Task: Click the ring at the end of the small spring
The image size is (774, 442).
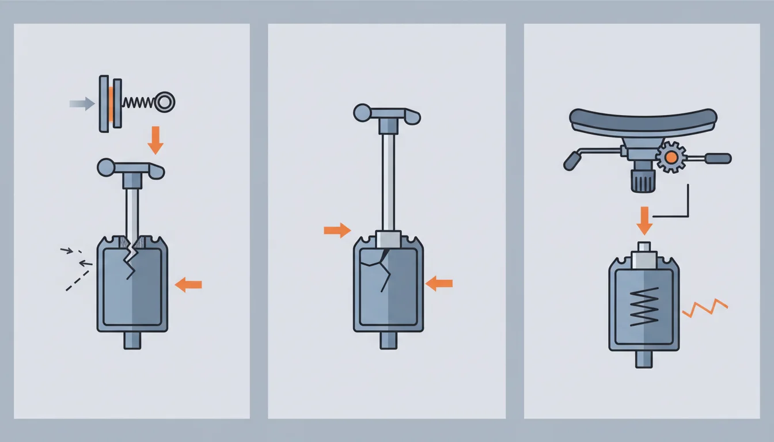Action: (165, 102)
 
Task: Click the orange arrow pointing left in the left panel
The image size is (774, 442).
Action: (188, 284)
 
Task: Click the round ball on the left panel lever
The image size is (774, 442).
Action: (107, 167)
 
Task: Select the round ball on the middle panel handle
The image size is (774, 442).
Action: (362, 112)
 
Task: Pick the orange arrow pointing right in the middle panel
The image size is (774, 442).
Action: (337, 231)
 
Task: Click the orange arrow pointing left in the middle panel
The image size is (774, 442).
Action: (439, 283)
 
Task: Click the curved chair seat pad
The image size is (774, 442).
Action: (643, 119)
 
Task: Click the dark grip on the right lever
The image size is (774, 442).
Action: (719, 158)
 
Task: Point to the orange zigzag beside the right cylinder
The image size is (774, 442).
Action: (705, 307)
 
